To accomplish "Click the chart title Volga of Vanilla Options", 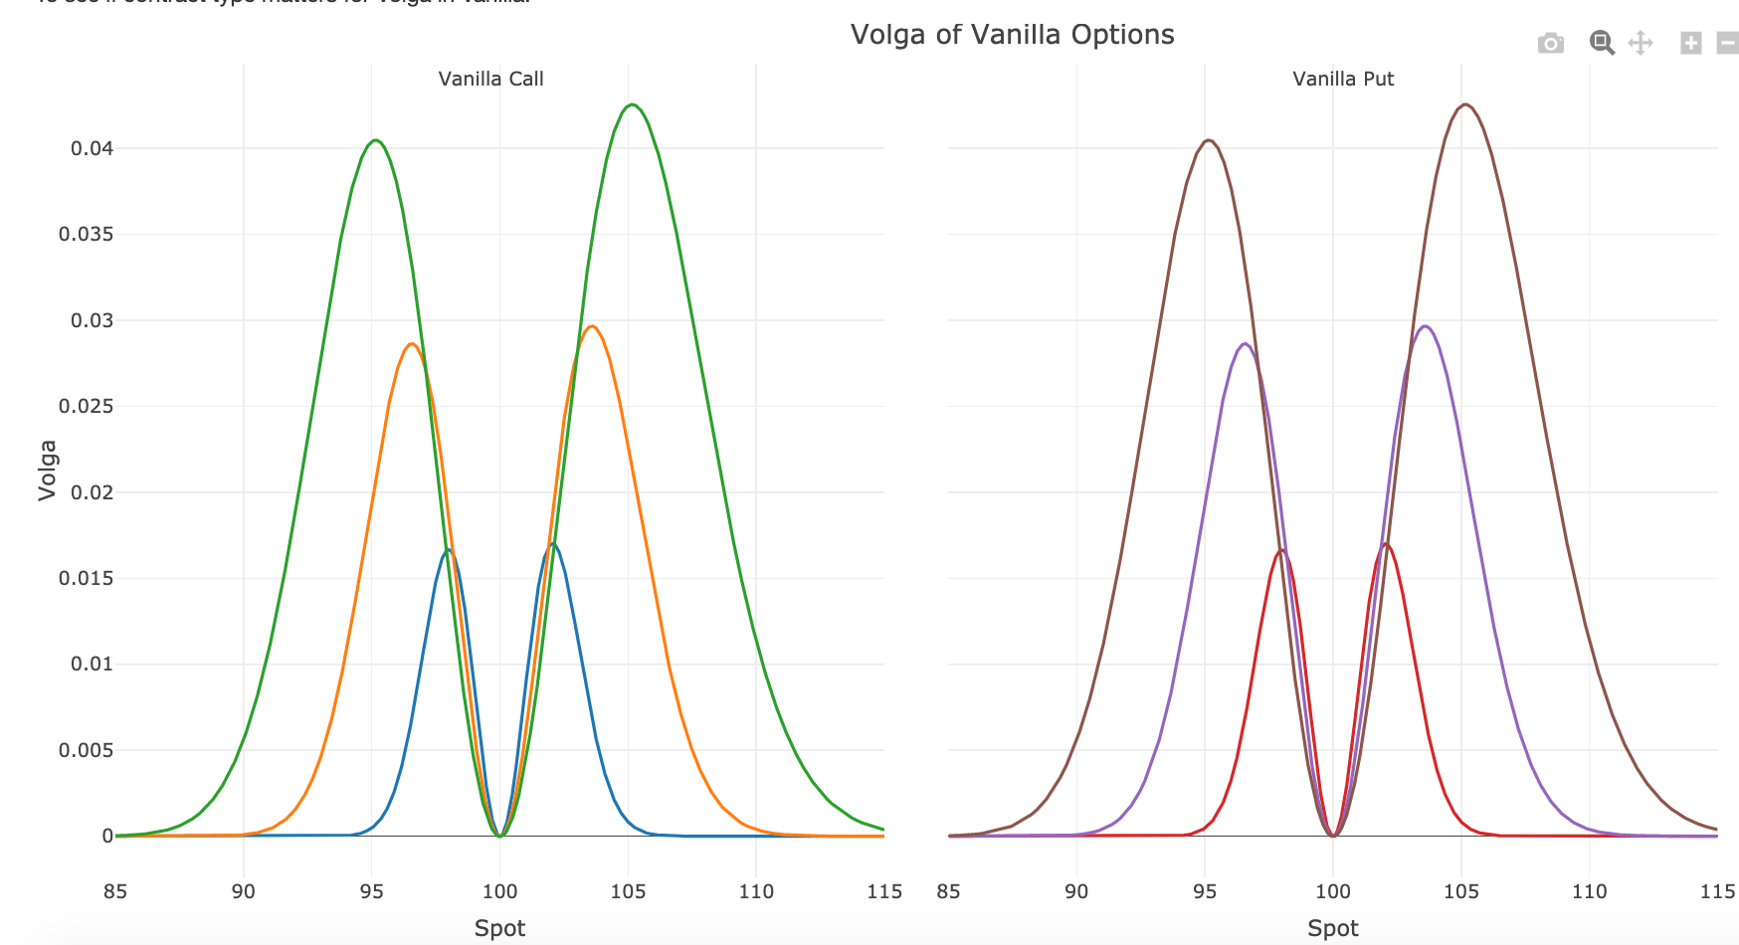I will pyautogui.click(x=1012, y=35).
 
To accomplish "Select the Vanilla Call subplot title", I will pyautogui.click(x=490, y=80).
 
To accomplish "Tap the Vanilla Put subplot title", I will pyautogui.click(x=1343, y=80).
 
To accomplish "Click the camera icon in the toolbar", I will pyautogui.click(x=1550, y=43).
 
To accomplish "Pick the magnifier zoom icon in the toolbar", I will pyautogui.click(x=1601, y=43).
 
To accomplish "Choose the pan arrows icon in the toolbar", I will pyautogui.click(x=1640, y=43).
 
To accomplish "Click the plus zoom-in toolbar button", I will pyautogui.click(x=1690, y=43).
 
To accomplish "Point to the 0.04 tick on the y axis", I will pyautogui.click(x=92, y=149).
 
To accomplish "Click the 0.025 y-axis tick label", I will pyautogui.click(x=86, y=407).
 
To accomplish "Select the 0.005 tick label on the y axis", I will pyautogui.click(x=86, y=750).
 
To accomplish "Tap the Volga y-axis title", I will pyautogui.click(x=47, y=470).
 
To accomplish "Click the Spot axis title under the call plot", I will pyautogui.click(x=499, y=928).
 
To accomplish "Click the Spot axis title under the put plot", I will pyautogui.click(x=1332, y=928).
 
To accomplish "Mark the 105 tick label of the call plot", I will pyautogui.click(x=628, y=891).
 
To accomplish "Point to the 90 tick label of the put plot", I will pyautogui.click(x=1076, y=891).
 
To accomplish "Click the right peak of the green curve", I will pyautogui.click(x=632, y=104).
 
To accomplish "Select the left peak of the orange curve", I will pyautogui.click(x=412, y=344).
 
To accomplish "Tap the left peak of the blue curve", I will pyautogui.click(x=449, y=549).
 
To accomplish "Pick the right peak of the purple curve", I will pyautogui.click(x=1426, y=326).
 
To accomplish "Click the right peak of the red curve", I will pyautogui.click(x=1385, y=543).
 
